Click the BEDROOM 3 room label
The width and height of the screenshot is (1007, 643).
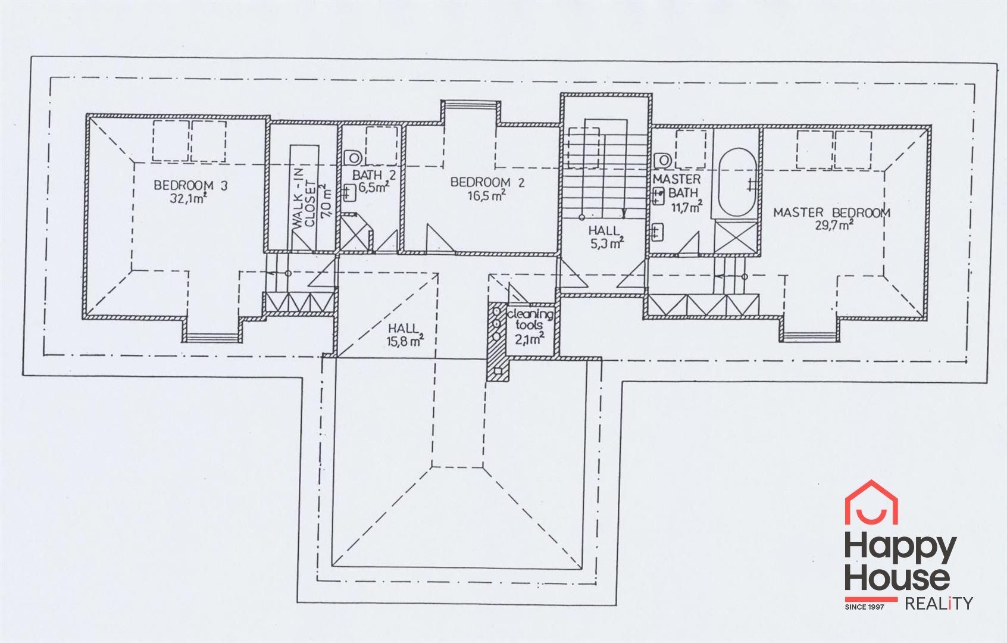click(x=190, y=185)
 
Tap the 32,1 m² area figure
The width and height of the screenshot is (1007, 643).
click(x=188, y=199)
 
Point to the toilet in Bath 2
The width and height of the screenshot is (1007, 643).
click(x=353, y=158)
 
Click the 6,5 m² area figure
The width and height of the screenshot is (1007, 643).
click(x=374, y=187)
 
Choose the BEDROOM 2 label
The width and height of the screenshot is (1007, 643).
click(x=487, y=182)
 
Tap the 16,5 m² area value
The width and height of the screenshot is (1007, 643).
click(x=487, y=196)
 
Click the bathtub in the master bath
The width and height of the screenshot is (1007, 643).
click(x=737, y=183)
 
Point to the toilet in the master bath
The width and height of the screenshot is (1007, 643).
click(x=662, y=160)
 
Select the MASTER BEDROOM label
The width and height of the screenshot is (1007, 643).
click(x=831, y=213)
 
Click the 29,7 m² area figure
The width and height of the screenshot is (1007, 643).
click(x=834, y=226)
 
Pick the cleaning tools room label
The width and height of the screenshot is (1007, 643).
click(x=530, y=320)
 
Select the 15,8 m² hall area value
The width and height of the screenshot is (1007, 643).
click(x=405, y=341)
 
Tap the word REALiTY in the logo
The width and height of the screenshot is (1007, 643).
click(x=939, y=604)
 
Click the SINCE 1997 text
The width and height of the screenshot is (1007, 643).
click(x=865, y=607)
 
